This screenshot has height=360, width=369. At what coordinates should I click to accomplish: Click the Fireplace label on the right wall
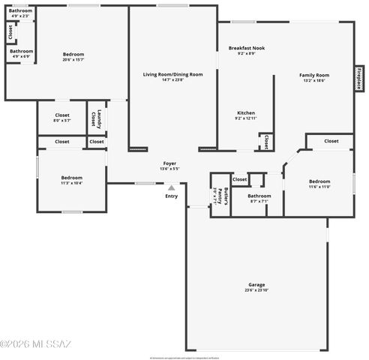coord(359,77)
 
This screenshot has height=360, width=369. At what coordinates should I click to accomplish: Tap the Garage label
coord(256,284)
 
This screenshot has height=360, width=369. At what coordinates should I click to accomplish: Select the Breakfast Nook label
coord(246,48)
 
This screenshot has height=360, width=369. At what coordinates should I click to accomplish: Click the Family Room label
coord(314,75)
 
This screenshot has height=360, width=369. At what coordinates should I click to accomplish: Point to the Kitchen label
coord(246,112)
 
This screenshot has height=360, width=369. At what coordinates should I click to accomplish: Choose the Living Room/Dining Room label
coord(173,74)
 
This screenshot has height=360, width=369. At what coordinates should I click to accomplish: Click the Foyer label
coord(170,163)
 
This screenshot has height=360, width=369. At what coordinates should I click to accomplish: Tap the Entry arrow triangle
coord(171,187)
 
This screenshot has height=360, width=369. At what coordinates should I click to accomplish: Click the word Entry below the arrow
coord(172,196)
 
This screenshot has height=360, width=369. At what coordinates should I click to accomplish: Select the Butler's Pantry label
coord(219,196)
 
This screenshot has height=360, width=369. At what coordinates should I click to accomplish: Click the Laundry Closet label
coord(97,119)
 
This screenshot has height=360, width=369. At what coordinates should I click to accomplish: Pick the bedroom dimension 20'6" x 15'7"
coord(73,59)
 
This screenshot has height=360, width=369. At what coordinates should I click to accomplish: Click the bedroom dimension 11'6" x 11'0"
coord(319,186)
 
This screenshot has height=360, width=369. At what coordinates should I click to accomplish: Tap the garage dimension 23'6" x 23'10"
coord(256,289)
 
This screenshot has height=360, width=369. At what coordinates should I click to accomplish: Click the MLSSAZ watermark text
coord(35,344)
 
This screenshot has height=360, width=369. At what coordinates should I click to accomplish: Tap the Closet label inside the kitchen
coord(265,141)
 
